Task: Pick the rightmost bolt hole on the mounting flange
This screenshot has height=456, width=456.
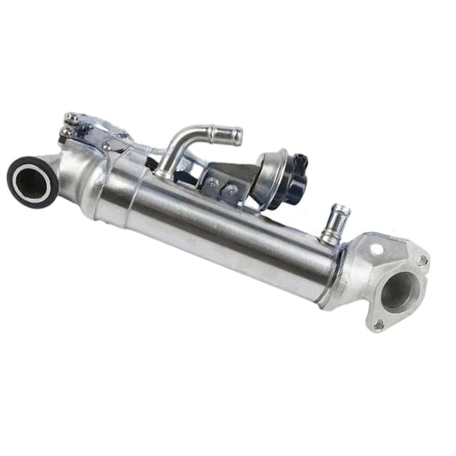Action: click(421, 260)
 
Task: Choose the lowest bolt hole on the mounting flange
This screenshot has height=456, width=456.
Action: click(377, 324)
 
